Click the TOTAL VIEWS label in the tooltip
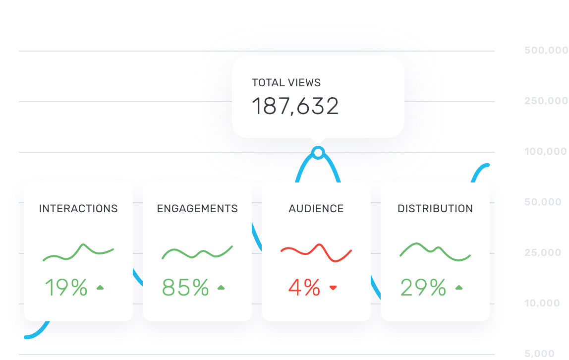pos(286,83)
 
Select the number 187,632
pos(295,107)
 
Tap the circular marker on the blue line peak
pos(318,152)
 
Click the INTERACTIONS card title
pos(78,209)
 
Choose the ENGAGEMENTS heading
pos(197,209)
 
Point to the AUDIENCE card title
pos(316,209)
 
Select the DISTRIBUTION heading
pos(435,209)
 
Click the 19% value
pos(66,288)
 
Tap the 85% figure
pos(185,288)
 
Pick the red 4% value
pos(304,288)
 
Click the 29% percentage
pos(423,288)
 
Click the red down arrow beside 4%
pos(333,288)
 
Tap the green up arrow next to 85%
pos(221,287)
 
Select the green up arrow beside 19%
pos(100,287)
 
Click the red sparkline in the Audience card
pos(316,252)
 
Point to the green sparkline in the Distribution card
pos(435,251)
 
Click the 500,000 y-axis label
pos(546,51)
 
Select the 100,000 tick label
pos(546,152)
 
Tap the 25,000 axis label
pos(546,253)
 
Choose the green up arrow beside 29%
pos(459,287)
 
